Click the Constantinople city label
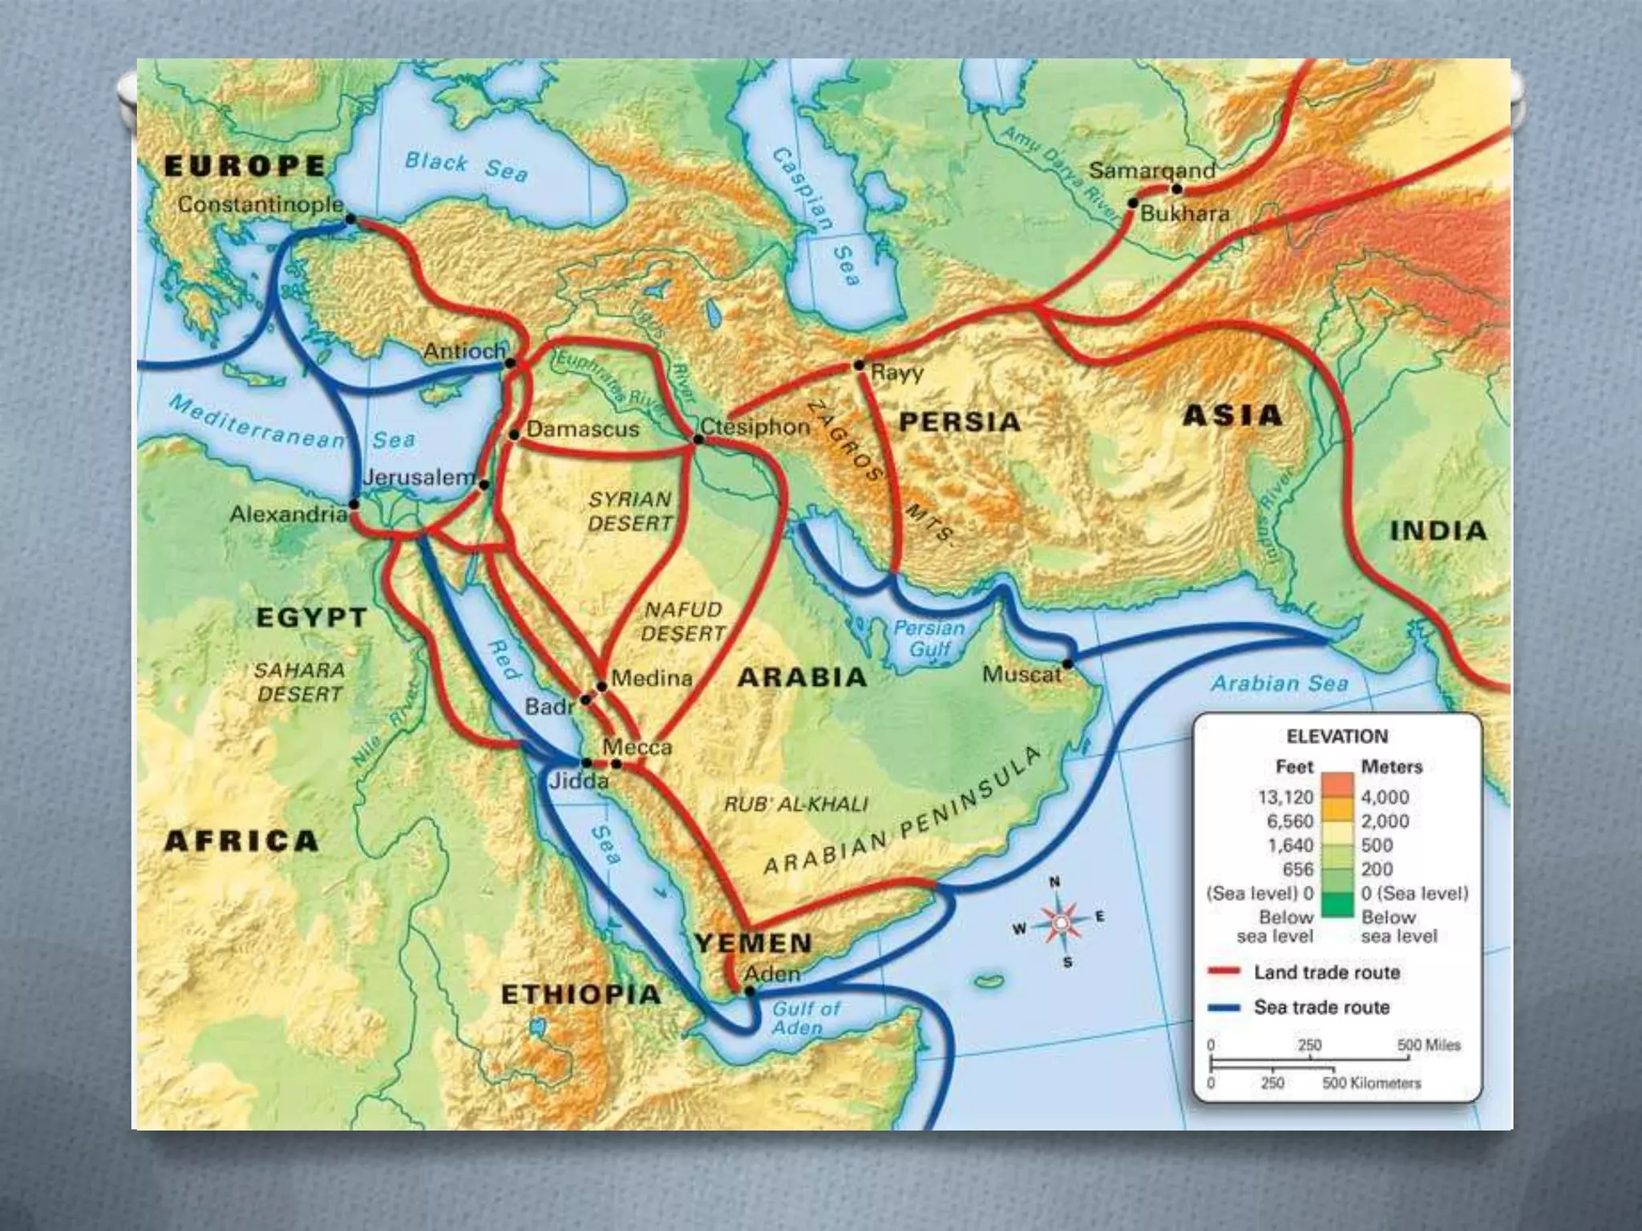click(x=260, y=205)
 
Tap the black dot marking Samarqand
click(x=1176, y=189)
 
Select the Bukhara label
click(x=1184, y=214)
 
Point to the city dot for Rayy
click(x=859, y=365)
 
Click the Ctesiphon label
click(x=755, y=426)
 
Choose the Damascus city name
click(x=583, y=430)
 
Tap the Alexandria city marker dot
click(x=354, y=505)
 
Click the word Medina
click(x=651, y=679)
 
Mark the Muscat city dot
click(x=1067, y=664)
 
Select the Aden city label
click(x=771, y=974)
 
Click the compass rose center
click(x=1060, y=923)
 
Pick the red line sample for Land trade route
click(x=1223, y=972)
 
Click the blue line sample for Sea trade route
click(x=1223, y=1007)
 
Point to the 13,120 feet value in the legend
click(x=1285, y=797)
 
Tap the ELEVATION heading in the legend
click(x=1337, y=737)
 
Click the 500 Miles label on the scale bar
click(x=1428, y=1045)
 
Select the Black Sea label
click(x=466, y=166)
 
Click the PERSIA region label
click(x=959, y=422)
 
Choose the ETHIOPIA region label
click(x=580, y=995)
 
